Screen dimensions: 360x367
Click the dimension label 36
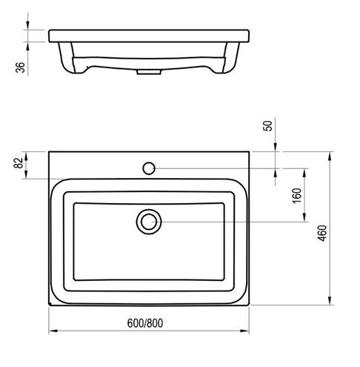(21, 67)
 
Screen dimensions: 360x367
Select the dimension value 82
(19, 163)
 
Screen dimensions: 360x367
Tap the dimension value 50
(267, 125)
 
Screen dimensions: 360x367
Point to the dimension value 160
(297, 195)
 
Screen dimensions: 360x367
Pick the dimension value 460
(322, 233)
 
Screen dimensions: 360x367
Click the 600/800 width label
(145, 323)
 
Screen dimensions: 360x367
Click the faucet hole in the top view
(149, 168)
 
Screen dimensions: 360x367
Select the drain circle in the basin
(149, 222)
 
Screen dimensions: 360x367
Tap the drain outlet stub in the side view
(149, 72)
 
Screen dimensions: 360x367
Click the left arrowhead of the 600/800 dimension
(53, 331)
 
